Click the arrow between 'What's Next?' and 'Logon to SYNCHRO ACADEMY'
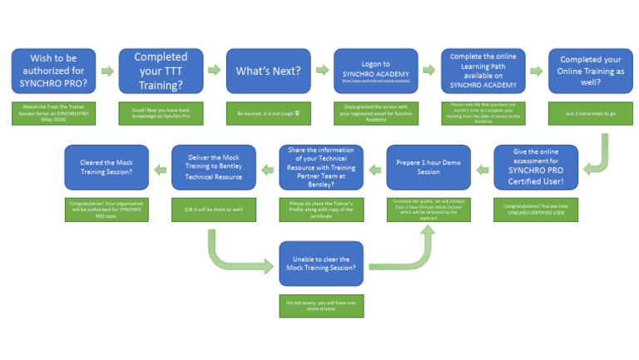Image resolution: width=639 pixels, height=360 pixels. pyautogui.click(x=320, y=71)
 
